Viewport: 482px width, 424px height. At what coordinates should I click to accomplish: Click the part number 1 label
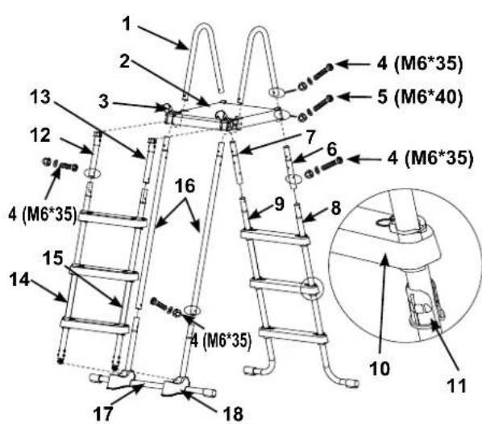[x=127, y=24]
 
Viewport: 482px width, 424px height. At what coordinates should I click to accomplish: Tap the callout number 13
[x=40, y=98]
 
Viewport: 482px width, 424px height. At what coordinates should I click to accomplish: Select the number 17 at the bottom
[x=103, y=414]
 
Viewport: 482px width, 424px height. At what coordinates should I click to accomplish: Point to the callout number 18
[x=234, y=414]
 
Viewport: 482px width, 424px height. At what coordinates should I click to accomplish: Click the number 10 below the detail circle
[x=380, y=368]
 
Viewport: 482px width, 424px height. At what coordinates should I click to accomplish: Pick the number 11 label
[x=456, y=385]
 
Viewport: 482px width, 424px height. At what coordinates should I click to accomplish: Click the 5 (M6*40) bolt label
[x=420, y=98]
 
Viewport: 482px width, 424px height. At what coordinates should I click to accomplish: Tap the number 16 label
[x=185, y=186]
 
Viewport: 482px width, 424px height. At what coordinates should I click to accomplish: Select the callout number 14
[x=19, y=280]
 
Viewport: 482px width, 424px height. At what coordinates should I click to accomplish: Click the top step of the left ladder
[x=113, y=218]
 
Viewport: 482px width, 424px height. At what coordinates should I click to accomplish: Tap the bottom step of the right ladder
[x=293, y=335]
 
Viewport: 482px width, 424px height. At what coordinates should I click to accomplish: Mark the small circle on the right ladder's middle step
[x=312, y=289]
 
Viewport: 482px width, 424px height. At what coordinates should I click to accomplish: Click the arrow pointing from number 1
[x=163, y=38]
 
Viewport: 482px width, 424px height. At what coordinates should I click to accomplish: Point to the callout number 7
[x=310, y=137]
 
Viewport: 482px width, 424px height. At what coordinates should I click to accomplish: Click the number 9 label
[x=279, y=204]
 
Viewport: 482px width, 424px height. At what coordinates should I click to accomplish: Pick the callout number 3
[x=104, y=101]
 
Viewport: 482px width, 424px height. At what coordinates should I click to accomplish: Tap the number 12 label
[x=40, y=135]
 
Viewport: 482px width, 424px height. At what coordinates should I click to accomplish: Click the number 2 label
[x=124, y=61]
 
